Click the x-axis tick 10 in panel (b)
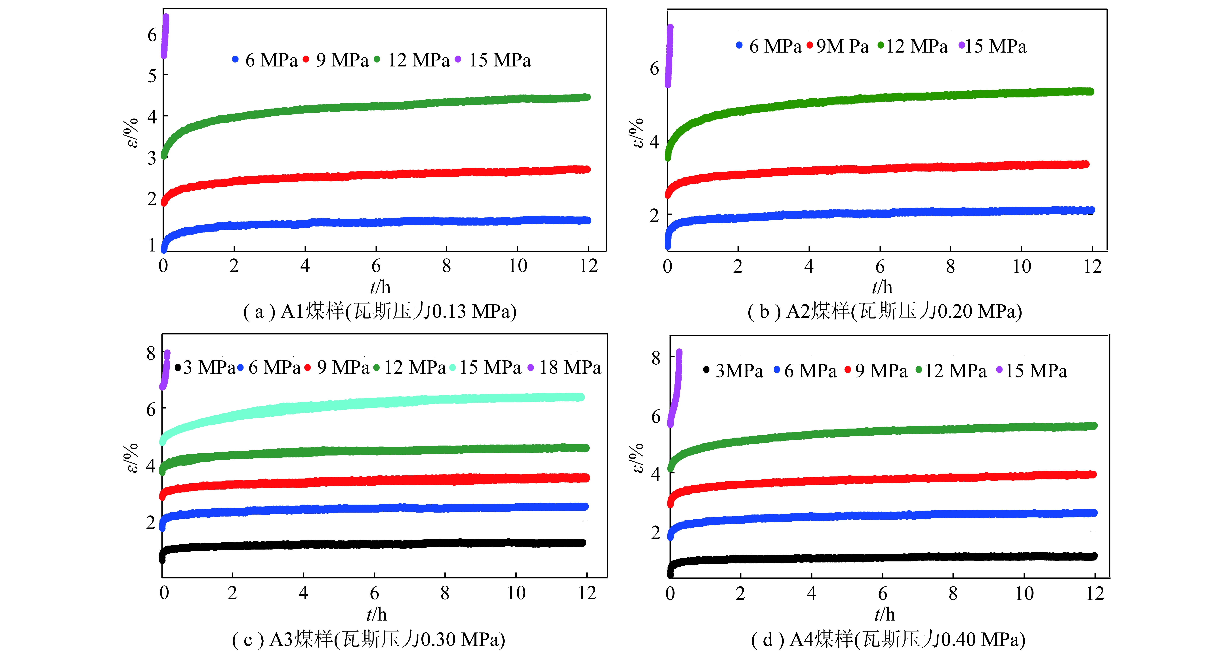(x=1022, y=266)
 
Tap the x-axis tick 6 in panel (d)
(x=882, y=594)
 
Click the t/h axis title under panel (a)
(x=380, y=287)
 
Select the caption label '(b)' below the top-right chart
(x=764, y=312)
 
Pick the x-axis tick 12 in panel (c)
(x=587, y=593)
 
